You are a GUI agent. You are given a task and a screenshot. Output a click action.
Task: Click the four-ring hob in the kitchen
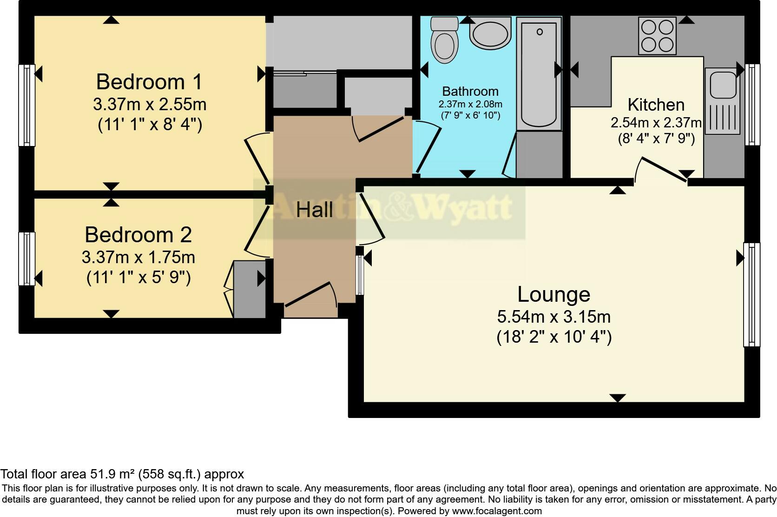pyautogui.click(x=657, y=36)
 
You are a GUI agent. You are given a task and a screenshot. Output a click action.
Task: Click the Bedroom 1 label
pyautogui.click(x=149, y=82)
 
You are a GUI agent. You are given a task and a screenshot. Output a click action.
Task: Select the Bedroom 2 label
pyautogui.click(x=138, y=235)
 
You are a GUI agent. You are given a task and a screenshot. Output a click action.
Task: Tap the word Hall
pyautogui.click(x=315, y=210)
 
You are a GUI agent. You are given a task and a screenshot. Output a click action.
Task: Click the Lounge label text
pyautogui.click(x=553, y=294)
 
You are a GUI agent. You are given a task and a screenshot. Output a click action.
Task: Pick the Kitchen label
pyautogui.click(x=656, y=105)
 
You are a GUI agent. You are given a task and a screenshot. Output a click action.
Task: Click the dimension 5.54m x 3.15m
pyautogui.click(x=553, y=317)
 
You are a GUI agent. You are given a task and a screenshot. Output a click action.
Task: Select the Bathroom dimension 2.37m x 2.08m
pyautogui.click(x=470, y=104)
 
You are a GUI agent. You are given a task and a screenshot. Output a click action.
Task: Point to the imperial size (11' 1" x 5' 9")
pyautogui.click(x=138, y=278)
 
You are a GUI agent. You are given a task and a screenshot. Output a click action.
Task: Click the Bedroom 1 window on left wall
pyautogui.click(x=27, y=105)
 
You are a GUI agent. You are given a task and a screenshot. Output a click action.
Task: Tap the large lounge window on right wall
pyautogui.click(x=751, y=294)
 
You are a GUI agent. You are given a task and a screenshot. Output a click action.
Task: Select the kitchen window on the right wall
pyautogui.click(x=752, y=105)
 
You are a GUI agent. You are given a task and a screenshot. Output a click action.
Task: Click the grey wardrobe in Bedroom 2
pyautogui.click(x=249, y=289)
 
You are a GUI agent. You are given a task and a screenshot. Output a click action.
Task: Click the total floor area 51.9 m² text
pyautogui.click(x=122, y=474)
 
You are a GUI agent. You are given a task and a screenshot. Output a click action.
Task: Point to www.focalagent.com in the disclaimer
pyautogui.click(x=497, y=511)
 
